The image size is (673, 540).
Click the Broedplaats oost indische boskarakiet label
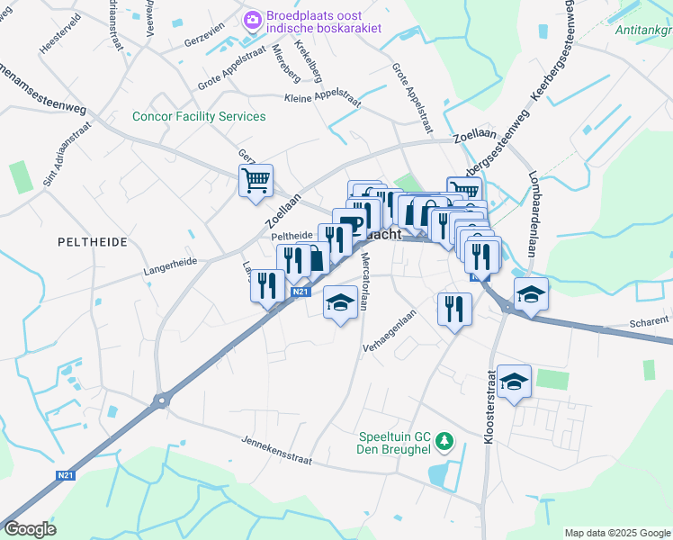[x=323, y=22]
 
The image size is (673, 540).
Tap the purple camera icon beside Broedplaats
[x=253, y=17]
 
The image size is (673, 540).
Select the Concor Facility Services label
[x=199, y=116]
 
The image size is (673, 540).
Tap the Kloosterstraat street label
[x=489, y=406]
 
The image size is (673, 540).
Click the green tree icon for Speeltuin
[x=443, y=441]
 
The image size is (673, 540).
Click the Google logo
[x=31, y=529]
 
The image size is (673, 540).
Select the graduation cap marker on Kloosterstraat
[x=514, y=381]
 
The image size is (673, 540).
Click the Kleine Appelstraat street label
[x=322, y=100]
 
